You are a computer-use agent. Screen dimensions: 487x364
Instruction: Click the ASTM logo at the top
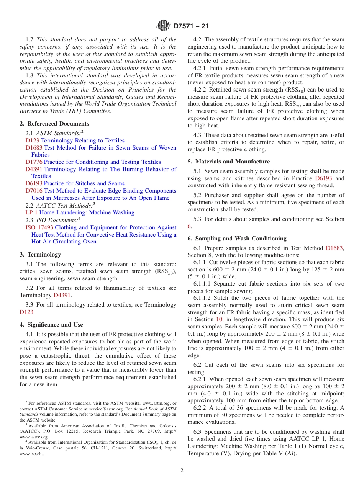(164, 26)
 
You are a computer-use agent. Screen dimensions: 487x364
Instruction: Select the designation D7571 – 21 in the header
(190, 26)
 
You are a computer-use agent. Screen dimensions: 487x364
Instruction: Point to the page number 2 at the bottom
(182, 471)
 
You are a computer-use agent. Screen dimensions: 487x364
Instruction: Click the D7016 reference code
(34, 191)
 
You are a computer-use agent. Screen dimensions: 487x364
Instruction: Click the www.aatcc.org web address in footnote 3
(31, 436)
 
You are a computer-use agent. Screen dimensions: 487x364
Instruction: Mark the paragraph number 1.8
(30, 75)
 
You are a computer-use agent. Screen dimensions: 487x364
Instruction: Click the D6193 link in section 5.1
(323, 178)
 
